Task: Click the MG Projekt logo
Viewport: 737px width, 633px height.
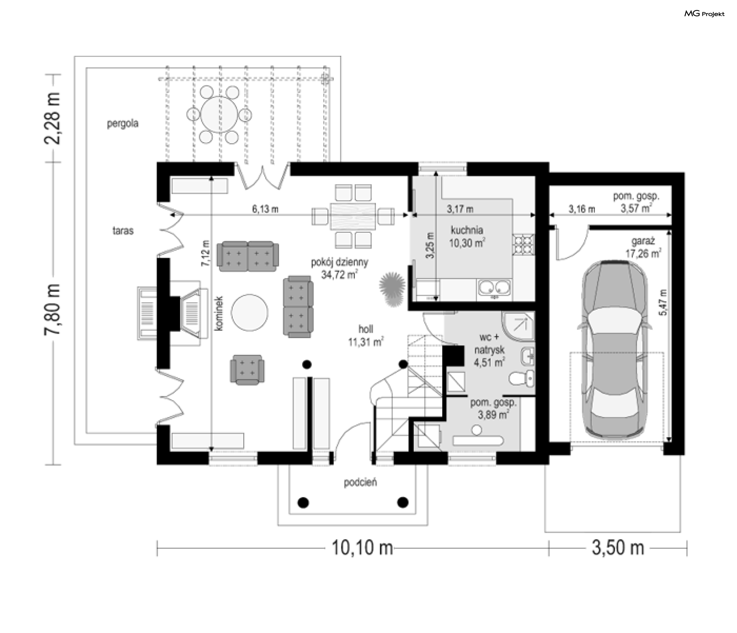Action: tap(704, 14)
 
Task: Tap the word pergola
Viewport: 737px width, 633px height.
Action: tap(122, 124)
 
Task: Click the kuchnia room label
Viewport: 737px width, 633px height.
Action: tap(467, 230)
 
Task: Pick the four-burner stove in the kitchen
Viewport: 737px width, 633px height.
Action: tap(523, 245)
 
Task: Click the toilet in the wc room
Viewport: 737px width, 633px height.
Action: tap(522, 379)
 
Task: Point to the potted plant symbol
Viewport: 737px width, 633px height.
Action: tap(392, 289)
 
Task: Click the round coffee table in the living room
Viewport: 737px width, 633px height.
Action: tap(250, 312)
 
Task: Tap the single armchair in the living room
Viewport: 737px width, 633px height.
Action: tap(247, 369)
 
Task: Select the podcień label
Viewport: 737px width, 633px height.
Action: tap(360, 482)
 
